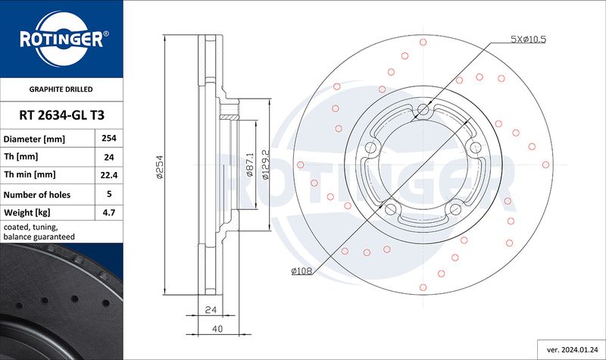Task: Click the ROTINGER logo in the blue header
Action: tap(62, 39)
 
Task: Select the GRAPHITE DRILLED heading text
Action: tap(61, 89)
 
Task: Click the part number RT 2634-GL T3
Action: tap(62, 115)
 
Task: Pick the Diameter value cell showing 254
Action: tap(109, 138)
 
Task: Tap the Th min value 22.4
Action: tap(109, 175)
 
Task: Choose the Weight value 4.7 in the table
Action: tap(109, 212)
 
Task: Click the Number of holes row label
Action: tap(37, 195)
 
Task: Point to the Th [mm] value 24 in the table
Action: tap(109, 157)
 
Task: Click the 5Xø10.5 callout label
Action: tap(528, 39)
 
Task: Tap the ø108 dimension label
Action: tap(301, 271)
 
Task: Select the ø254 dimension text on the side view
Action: tap(160, 167)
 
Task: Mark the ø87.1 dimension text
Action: tap(250, 164)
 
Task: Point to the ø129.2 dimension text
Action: tap(266, 164)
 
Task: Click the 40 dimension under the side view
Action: tap(217, 329)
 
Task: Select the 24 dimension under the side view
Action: tap(211, 310)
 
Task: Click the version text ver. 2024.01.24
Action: tap(571, 350)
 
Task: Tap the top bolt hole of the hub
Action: tap(423, 109)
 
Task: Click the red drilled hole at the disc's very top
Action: tap(423, 42)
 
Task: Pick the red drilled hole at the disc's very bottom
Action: tap(423, 287)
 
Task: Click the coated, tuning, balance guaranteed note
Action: tap(39, 232)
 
